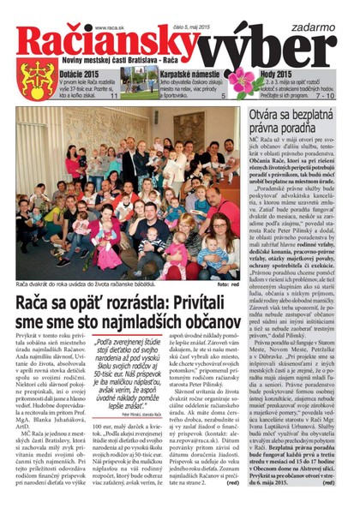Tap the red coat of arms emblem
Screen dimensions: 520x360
pos(41,79)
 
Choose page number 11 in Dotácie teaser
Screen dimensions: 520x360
pos(114,97)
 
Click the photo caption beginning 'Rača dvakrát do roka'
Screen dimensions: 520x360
pos(86,283)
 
